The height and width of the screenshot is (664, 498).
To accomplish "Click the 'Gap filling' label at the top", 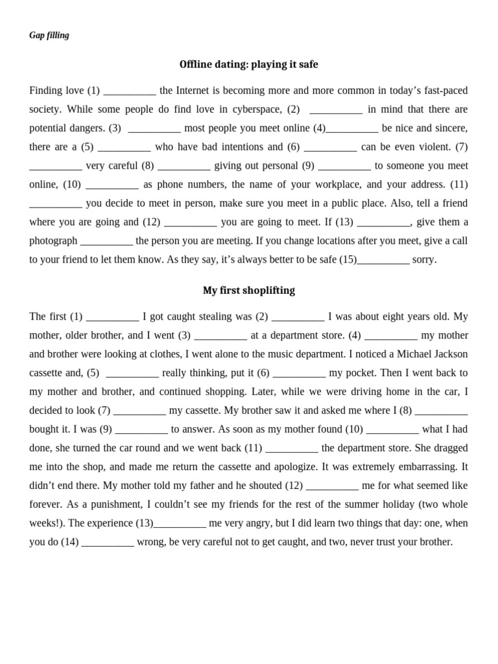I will [x=49, y=35].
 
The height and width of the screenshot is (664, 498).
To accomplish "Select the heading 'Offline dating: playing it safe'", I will [x=249, y=64].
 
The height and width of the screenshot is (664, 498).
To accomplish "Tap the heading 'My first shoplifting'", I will [x=249, y=290].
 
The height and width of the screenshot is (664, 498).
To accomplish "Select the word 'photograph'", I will [x=53, y=241].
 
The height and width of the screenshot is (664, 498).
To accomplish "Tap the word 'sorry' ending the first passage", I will [x=424, y=259].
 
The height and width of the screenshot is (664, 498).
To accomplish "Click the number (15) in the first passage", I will [x=348, y=259].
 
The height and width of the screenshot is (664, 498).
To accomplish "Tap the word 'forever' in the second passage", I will [x=46, y=504].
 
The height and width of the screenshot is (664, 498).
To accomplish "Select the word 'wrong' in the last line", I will [x=152, y=541].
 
